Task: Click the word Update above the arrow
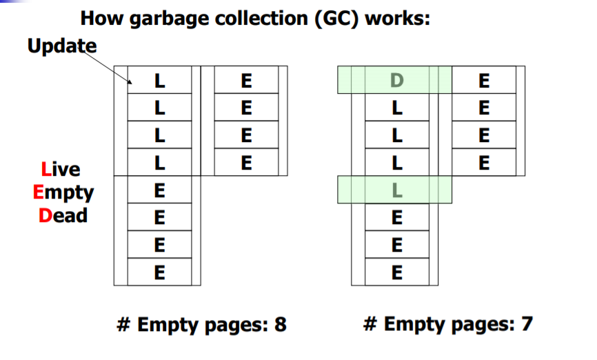point(62,46)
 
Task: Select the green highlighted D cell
point(395,80)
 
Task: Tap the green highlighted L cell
point(395,190)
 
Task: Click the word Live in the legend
point(60,169)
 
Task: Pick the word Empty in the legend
point(63,192)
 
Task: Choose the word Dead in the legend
point(63,215)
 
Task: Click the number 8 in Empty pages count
point(280,324)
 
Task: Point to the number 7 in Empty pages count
point(526,324)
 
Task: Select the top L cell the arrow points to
point(159,80)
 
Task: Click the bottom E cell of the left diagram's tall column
point(159,272)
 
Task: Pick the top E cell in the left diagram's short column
point(246,80)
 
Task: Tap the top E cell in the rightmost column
point(483,80)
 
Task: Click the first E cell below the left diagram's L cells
point(159,190)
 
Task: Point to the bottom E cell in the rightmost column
point(483,163)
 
